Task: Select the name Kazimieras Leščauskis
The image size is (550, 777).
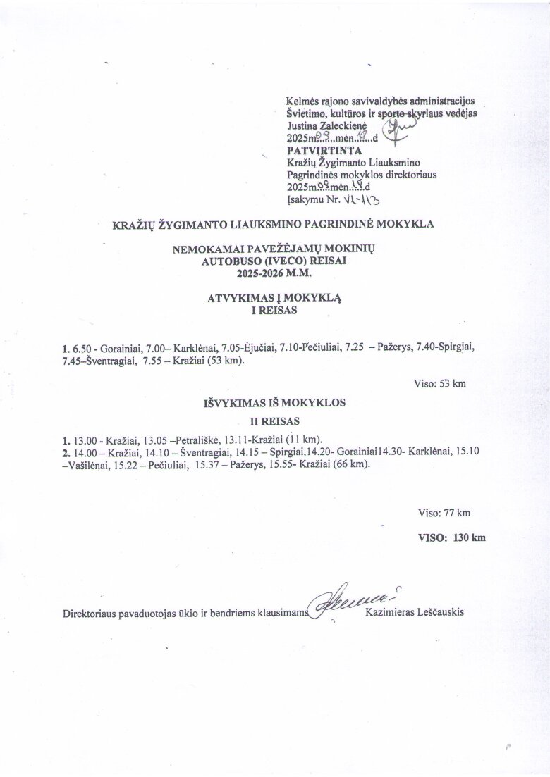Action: pyautogui.click(x=415, y=613)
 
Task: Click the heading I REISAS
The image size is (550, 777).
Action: pyautogui.click(x=274, y=311)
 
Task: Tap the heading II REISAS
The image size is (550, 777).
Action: pyautogui.click(x=275, y=421)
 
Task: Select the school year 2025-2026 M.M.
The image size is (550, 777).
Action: pyautogui.click(x=274, y=271)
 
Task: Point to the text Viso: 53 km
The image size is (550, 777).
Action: pyautogui.click(x=439, y=384)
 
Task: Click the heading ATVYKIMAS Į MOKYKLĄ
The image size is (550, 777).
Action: pyautogui.click(x=274, y=298)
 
